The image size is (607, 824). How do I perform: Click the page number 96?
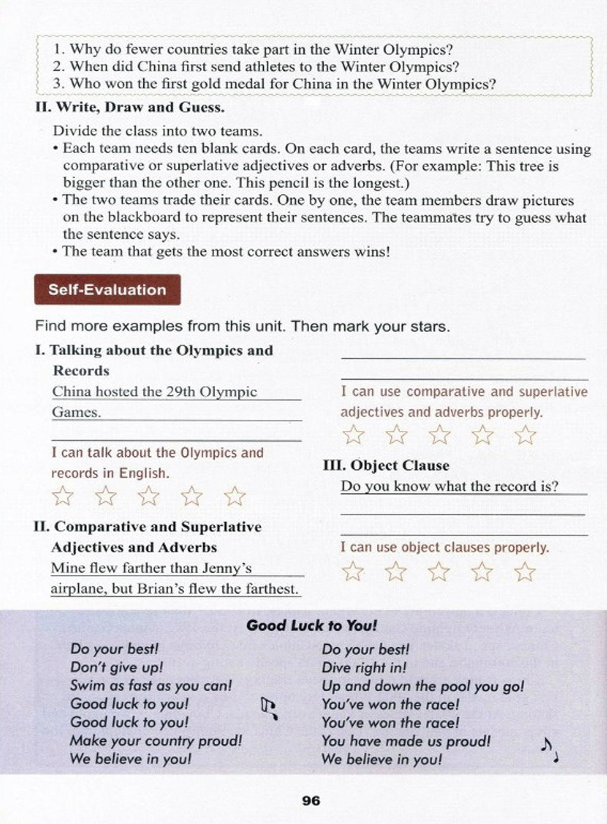click(x=311, y=801)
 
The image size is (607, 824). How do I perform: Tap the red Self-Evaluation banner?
click(x=107, y=290)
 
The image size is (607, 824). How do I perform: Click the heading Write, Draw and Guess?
click(x=130, y=108)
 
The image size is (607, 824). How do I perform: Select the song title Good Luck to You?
click(x=312, y=625)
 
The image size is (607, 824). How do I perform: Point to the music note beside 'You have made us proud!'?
click(x=549, y=750)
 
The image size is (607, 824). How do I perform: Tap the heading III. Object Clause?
click(x=386, y=466)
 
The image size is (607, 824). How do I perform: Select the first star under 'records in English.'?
click(x=63, y=496)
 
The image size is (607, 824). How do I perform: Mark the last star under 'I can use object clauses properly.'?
click(x=524, y=572)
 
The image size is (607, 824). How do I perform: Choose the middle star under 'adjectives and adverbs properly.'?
click(x=439, y=435)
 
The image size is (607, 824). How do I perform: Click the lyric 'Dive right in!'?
click(x=364, y=668)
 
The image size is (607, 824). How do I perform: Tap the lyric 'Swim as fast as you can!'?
click(x=151, y=686)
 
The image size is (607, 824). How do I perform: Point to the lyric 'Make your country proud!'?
click(x=156, y=741)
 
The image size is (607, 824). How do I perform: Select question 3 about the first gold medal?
click(x=274, y=84)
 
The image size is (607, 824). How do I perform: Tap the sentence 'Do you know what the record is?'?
click(x=449, y=487)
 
